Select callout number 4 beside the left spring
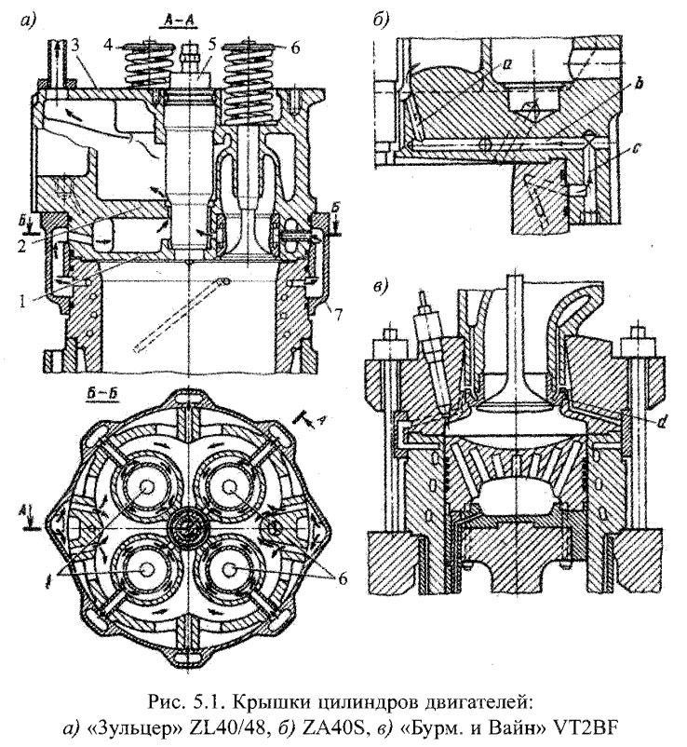[110, 44]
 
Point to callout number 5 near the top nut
[212, 44]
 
